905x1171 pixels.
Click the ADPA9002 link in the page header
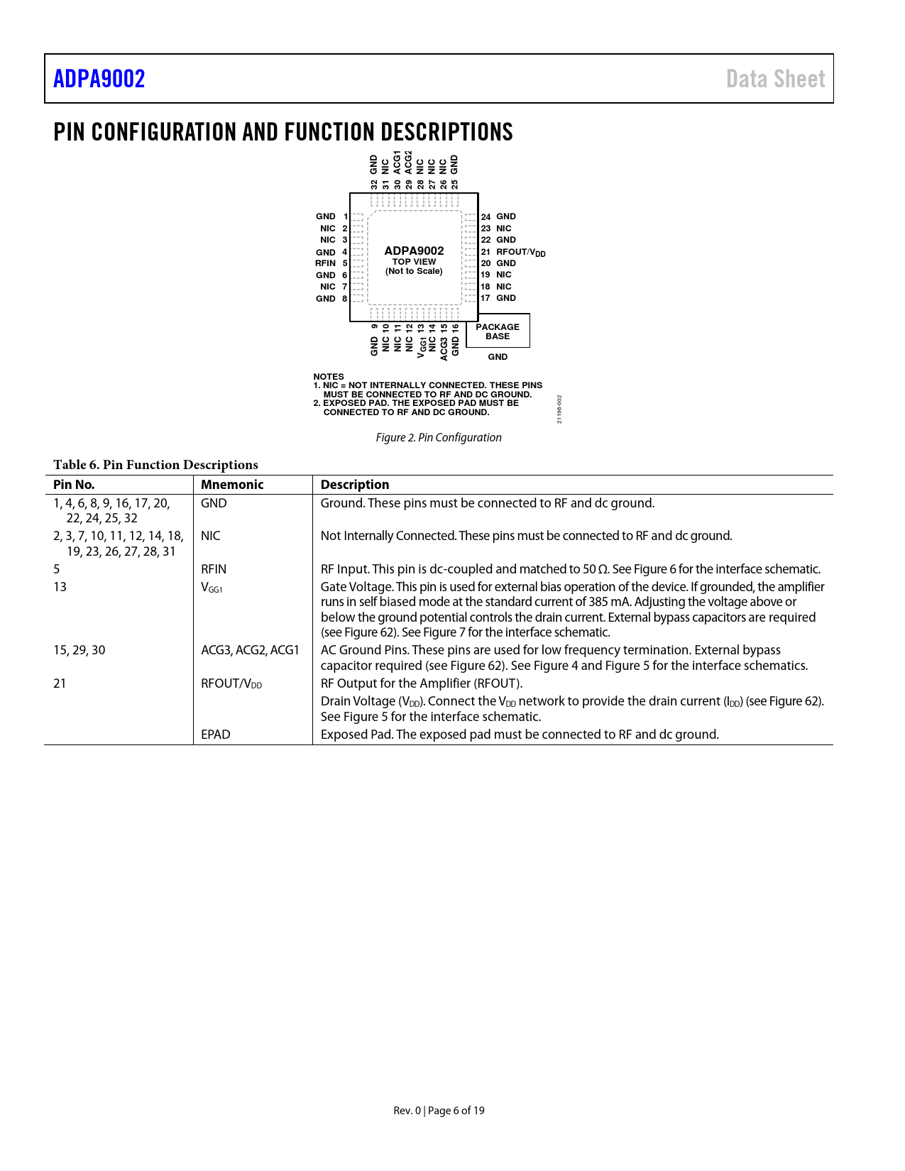point(99,79)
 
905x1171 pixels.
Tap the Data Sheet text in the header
point(775,79)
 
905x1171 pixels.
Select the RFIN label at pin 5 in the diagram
point(326,263)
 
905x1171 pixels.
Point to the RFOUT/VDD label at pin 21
point(520,252)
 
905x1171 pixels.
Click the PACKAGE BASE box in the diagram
point(498,331)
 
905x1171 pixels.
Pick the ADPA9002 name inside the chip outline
point(414,251)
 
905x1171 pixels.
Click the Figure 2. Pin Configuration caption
point(439,438)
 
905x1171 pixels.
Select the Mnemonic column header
point(232,485)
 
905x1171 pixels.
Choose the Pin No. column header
point(74,485)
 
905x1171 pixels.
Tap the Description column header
point(355,485)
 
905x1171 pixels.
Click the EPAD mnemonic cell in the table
point(216,735)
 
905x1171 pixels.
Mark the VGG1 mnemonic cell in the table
point(212,588)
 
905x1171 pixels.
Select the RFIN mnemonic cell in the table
point(214,569)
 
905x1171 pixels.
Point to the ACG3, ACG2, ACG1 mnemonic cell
point(250,650)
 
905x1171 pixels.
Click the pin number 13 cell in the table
point(60,587)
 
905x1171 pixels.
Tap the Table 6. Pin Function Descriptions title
point(155,465)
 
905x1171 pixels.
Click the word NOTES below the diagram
point(329,377)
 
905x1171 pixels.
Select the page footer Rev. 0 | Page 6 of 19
point(439,1111)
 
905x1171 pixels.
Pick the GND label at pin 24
point(506,216)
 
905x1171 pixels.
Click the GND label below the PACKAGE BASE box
point(498,357)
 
